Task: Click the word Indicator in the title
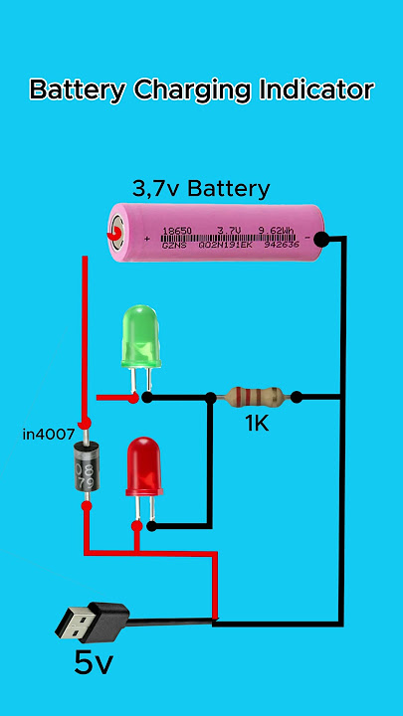(x=316, y=90)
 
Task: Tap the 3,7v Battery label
(x=201, y=188)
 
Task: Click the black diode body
(x=86, y=471)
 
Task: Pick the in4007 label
(x=47, y=435)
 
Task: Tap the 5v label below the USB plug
(x=93, y=663)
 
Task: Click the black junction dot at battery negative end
(x=321, y=239)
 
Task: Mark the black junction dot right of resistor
(x=297, y=397)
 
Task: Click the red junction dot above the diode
(x=86, y=425)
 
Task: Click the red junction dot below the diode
(x=87, y=506)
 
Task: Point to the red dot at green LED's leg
(x=134, y=398)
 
